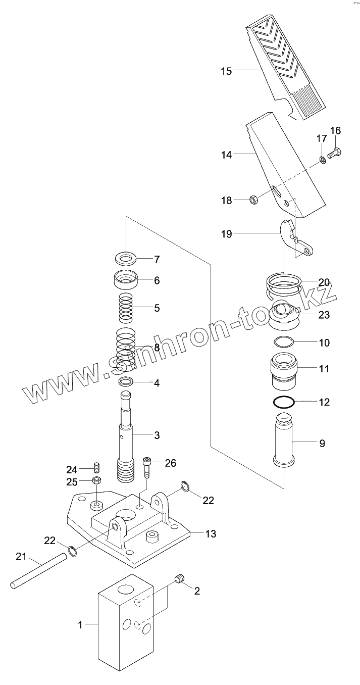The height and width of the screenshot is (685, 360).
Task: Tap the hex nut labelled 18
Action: [x=254, y=201]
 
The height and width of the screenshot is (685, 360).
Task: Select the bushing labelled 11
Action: [x=285, y=373]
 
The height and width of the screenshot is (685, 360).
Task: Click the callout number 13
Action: [x=211, y=533]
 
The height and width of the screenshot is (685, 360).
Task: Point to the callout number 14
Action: [x=226, y=155]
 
